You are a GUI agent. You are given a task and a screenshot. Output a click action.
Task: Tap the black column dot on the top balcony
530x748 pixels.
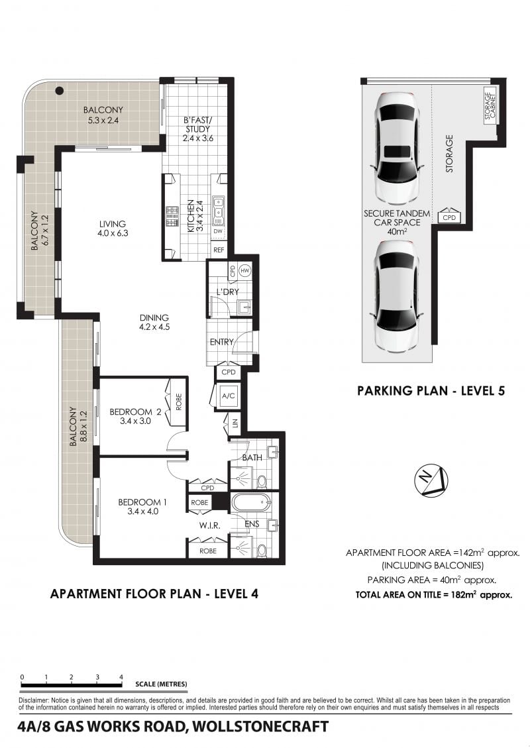click(x=59, y=91)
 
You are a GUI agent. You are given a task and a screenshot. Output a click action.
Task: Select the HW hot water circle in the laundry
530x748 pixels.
click(x=245, y=271)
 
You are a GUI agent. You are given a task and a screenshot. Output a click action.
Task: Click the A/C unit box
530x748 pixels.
click(x=229, y=396)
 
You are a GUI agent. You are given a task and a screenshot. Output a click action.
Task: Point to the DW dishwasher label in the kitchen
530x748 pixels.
click(x=218, y=232)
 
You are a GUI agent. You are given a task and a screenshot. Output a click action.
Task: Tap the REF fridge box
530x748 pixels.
click(x=219, y=250)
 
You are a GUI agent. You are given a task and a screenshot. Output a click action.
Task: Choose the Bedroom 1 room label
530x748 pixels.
click(x=142, y=507)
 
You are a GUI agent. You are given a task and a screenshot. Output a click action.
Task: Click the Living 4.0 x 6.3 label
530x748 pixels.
click(x=113, y=229)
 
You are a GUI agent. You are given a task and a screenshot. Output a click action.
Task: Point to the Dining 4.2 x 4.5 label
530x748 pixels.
click(x=154, y=322)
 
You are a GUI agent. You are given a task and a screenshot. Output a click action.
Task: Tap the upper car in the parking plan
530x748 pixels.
click(x=397, y=149)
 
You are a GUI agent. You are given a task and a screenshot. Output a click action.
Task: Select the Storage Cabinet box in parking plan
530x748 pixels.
click(x=490, y=105)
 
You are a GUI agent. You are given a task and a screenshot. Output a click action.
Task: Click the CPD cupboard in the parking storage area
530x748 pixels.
click(x=449, y=215)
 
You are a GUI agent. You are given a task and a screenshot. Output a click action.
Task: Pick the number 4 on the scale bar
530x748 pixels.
click(x=121, y=677)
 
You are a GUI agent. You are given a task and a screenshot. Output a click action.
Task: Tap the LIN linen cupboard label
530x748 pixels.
click(x=235, y=423)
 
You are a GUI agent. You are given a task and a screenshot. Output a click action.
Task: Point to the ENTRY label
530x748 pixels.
click(x=222, y=342)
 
